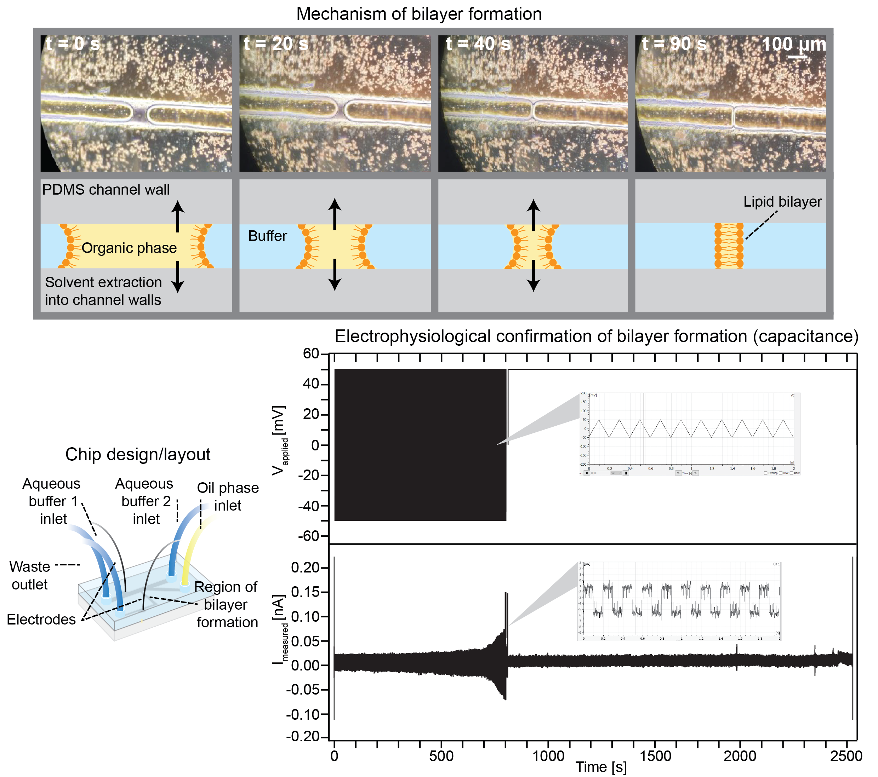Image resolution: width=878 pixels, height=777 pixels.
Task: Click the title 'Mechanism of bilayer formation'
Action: click(418, 14)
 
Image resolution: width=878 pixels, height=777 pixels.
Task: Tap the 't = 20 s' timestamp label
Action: click(276, 44)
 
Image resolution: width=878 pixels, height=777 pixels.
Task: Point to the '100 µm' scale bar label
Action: click(793, 44)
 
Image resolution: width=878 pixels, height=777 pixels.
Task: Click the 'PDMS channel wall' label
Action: click(106, 189)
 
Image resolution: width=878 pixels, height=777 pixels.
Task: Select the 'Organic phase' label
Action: click(129, 248)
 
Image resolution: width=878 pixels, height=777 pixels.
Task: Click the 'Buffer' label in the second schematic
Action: click(267, 236)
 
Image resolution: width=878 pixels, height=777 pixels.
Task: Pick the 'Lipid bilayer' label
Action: click(782, 201)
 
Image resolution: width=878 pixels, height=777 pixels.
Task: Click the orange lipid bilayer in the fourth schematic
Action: click(729, 246)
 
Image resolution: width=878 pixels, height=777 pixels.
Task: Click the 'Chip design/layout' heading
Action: click(137, 454)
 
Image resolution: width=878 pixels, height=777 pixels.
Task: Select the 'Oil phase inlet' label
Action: click(228, 496)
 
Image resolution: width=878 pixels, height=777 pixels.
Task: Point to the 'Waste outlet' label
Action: click(30, 575)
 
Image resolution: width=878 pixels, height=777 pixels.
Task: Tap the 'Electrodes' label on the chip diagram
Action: click(41, 619)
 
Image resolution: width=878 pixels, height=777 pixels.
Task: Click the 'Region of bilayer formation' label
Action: click(226, 604)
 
